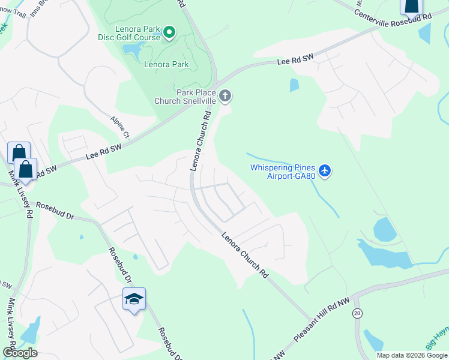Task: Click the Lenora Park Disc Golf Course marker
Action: [x=169, y=31]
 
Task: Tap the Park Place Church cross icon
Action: [x=225, y=95]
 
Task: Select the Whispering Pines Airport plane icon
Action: [x=325, y=171]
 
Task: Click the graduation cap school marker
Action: [x=134, y=298]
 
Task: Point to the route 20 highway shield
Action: [x=358, y=313]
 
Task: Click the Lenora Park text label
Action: [x=166, y=64]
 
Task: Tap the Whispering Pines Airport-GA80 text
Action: [x=283, y=172]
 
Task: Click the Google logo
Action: [x=20, y=352]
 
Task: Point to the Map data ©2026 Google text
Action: [x=412, y=355]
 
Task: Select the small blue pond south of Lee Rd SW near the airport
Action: [x=294, y=85]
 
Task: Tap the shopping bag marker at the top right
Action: [x=411, y=6]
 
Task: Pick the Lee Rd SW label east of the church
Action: [x=295, y=61]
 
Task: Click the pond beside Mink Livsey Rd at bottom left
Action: [x=29, y=330]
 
